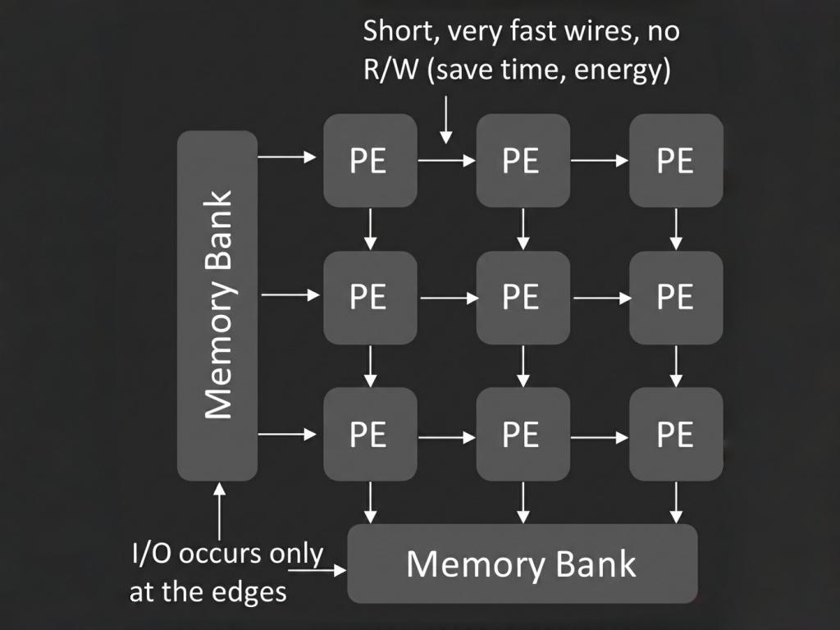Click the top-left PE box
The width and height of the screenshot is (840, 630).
coord(370,160)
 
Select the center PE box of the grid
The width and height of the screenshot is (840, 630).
coord(523,297)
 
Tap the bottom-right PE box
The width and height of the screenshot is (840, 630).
coord(676,434)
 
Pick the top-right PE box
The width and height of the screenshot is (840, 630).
coord(676,160)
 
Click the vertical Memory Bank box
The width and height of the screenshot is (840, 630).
coord(217,305)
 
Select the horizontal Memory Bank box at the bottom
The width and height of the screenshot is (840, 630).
coord(523,564)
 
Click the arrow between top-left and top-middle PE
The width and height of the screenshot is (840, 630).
coord(447,161)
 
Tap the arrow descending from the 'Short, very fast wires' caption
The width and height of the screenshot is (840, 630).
coord(445,120)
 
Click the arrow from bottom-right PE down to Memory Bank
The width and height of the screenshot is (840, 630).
coord(676,502)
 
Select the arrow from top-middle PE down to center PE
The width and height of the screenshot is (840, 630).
coord(523,229)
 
